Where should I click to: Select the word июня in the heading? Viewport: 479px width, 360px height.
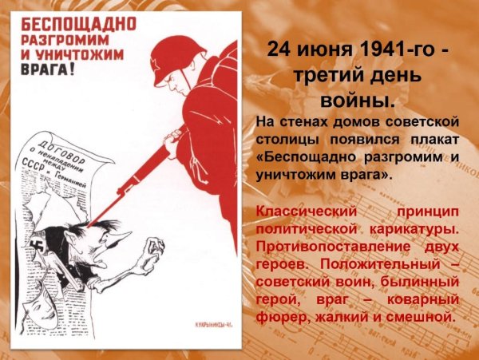(x=326, y=50)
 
